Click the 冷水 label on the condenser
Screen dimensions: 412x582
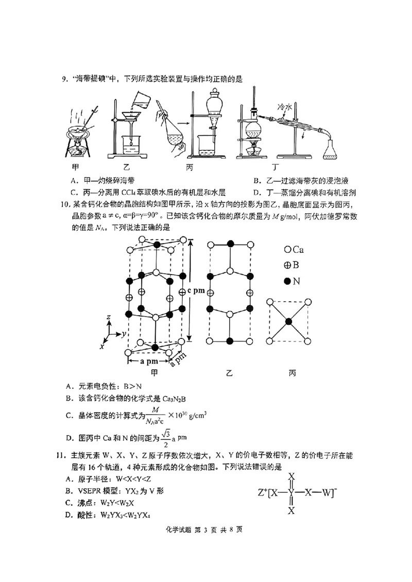click(x=285, y=107)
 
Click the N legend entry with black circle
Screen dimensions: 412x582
click(x=293, y=281)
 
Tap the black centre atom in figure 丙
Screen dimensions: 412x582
click(x=289, y=321)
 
